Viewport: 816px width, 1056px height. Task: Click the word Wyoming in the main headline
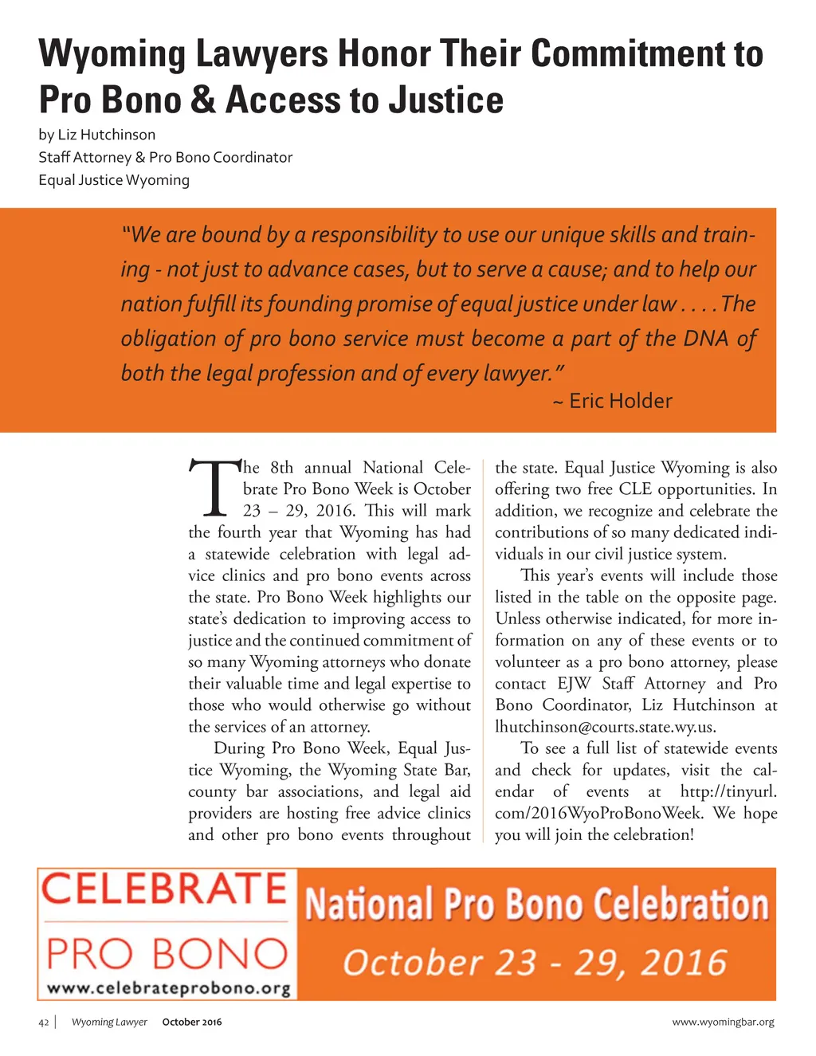[x=112, y=54]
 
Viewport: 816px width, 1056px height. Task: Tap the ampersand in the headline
[x=203, y=100]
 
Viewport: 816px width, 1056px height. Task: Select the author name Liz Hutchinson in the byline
[x=107, y=135]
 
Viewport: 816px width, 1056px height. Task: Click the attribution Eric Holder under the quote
[x=620, y=401]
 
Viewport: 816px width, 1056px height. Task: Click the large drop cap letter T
[x=214, y=488]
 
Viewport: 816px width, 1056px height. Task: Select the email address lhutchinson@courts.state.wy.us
[x=605, y=727]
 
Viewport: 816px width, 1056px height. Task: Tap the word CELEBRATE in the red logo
[x=164, y=889]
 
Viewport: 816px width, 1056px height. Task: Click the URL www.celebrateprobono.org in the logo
[x=169, y=988]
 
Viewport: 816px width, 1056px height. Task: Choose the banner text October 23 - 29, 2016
[x=535, y=963]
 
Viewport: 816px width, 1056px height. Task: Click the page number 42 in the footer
[x=44, y=1023]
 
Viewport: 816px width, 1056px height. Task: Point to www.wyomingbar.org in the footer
[x=723, y=1023]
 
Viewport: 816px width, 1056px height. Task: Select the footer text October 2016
[x=192, y=1023]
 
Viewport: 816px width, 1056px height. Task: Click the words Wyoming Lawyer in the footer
[x=109, y=1023]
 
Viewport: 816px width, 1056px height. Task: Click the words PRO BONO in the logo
[x=167, y=953]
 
